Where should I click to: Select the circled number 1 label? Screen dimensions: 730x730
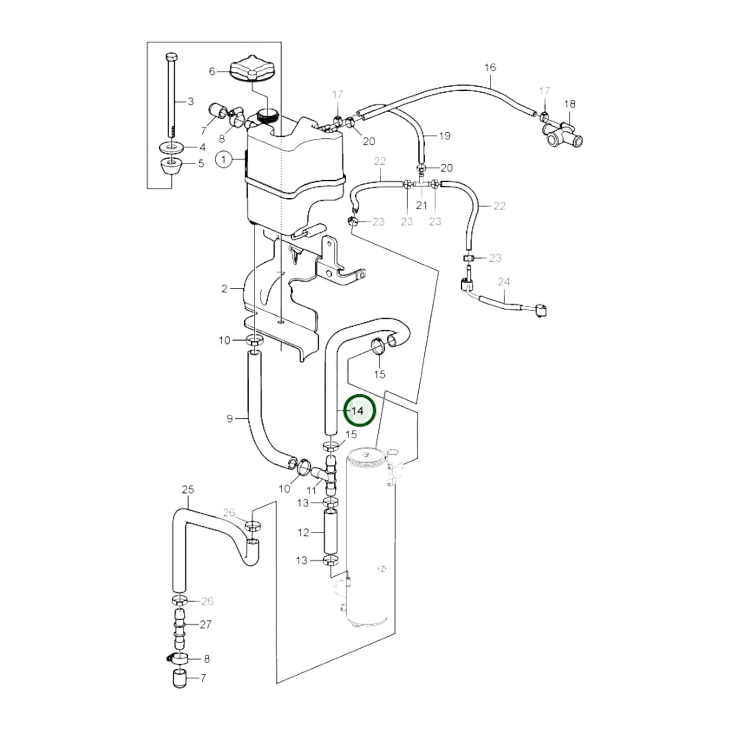click(x=223, y=160)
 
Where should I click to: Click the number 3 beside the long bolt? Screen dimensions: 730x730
click(x=190, y=102)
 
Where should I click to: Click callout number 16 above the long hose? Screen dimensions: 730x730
click(x=490, y=67)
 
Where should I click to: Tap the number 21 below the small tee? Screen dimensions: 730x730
click(x=421, y=205)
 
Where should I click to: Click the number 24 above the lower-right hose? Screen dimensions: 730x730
click(x=504, y=281)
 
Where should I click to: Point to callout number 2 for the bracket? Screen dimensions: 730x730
click(x=224, y=289)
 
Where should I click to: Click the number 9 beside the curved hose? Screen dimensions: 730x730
click(x=229, y=418)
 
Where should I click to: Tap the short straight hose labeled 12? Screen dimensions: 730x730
click(x=330, y=532)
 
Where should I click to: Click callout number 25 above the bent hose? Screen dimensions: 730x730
click(x=187, y=489)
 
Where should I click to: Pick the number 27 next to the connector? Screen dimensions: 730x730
click(x=205, y=624)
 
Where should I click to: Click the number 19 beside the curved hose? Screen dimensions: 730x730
click(x=444, y=135)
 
